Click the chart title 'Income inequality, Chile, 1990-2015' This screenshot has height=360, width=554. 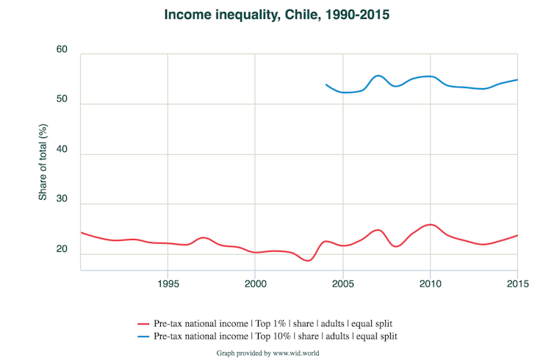[276, 15]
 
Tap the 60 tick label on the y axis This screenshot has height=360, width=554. [62, 50]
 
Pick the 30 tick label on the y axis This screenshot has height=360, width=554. [62, 199]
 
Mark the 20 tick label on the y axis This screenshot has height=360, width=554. [62, 249]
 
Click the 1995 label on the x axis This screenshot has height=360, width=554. [168, 284]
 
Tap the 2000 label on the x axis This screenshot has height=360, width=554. [255, 284]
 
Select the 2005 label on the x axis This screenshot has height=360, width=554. [342, 284]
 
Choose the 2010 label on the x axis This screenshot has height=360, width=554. [430, 284]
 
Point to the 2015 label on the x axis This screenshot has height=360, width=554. [517, 284]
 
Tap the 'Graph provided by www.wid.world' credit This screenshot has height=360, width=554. [267, 353]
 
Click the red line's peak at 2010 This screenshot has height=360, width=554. [431, 224]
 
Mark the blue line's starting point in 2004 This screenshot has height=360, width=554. [325, 84]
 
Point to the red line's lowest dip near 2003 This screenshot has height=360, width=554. [309, 260]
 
